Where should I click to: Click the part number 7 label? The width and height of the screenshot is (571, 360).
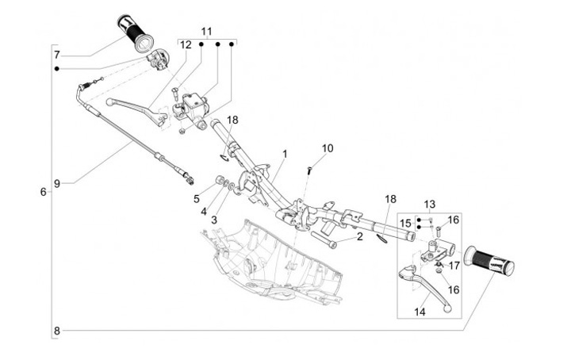pos(57,55)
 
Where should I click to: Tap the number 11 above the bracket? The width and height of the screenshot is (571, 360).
pos(206,32)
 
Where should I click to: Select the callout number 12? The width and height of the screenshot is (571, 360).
pos(186,45)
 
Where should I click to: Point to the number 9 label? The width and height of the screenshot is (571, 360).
pos(57,184)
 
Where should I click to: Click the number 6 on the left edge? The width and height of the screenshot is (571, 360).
pos(43,192)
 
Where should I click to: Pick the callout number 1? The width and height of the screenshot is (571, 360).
pos(284,153)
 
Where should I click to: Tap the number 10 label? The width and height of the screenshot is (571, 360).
pos(328,148)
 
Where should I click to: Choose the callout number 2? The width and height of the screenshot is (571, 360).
pos(359,236)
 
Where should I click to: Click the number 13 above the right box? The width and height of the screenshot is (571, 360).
pos(429,204)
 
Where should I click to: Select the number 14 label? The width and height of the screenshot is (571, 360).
pos(420,313)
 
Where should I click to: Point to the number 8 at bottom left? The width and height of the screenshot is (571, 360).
pos(57,330)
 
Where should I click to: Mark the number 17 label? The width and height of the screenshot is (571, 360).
pos(454,266)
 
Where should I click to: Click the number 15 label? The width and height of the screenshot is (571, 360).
pos(405,223)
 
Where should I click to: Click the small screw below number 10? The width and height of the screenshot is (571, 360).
pos(308,169)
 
